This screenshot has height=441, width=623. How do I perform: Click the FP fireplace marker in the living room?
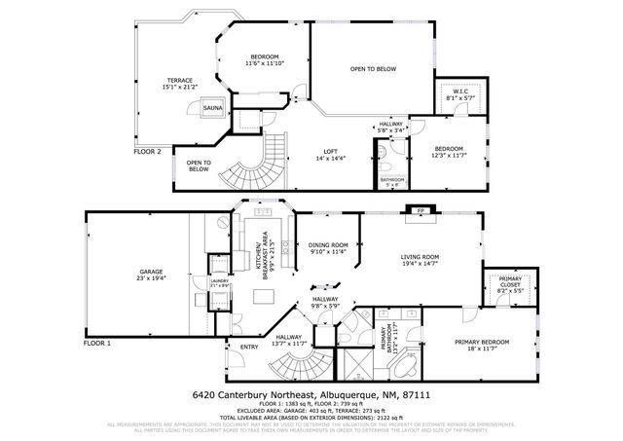[421, 210]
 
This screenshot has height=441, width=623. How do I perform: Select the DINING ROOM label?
[327, 244]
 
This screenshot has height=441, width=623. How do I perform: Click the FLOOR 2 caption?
[148, 151]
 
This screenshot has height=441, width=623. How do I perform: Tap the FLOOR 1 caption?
[97, 344]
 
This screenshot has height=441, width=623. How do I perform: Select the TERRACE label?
[179, 80]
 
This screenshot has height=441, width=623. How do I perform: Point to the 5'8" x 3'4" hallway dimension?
[390, 130]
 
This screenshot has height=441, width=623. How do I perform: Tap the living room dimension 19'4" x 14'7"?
[421, 264]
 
